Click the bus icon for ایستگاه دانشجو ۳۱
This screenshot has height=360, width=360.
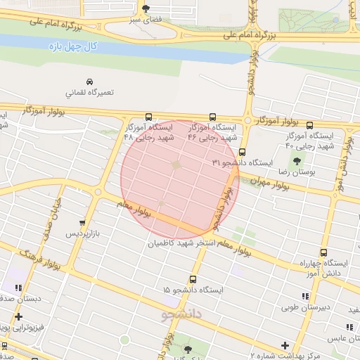coord(242,152)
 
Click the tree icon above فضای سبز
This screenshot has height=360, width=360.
coord(146,9)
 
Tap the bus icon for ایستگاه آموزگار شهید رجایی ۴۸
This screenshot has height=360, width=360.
coord(148,117)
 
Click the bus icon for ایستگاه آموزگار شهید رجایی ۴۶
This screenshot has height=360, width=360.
coord(212,117)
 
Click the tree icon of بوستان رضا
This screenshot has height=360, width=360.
coord(295,161)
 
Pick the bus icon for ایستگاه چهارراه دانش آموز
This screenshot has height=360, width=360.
coord(323,253)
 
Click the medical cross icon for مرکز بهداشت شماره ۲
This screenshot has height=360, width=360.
coord(284,345)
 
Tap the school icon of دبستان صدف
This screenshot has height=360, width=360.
coord(18,288)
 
